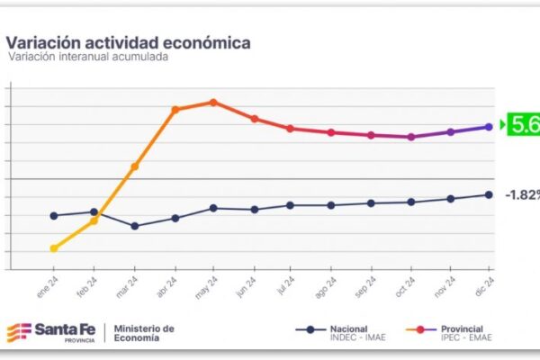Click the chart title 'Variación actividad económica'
coord(129,42)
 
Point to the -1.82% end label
coord(522,194)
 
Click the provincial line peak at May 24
coord(213,102)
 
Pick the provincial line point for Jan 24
coord(54,248)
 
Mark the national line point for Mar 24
coord(134,226)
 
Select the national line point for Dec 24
coord(489,194)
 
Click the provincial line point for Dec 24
coord(489,127)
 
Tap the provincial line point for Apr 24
coord(175,110)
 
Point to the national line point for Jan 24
coord(54,216)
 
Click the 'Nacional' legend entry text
coord(349,328)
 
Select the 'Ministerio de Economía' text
coord(144,333)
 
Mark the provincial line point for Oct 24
coord(411,137)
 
